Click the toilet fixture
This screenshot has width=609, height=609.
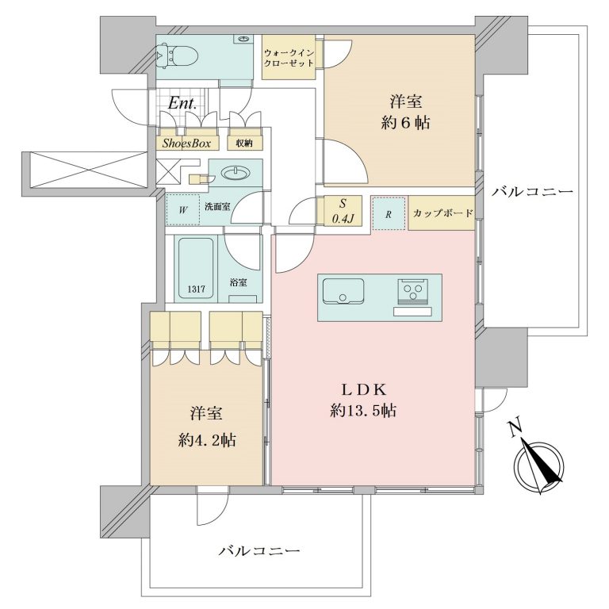[178, 57]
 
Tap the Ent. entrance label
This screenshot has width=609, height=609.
[182, 104]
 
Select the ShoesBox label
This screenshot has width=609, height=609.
[186, 144]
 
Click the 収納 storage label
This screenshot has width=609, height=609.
[244, 144]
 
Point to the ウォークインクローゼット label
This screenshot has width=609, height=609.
[289, 57]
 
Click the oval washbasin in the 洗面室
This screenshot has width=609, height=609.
[235, 173]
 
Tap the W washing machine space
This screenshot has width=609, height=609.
[183, 209]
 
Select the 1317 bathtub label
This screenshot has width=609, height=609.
[196, 289]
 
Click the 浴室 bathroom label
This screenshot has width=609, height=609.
[238, 283]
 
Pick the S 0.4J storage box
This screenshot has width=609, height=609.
[343, 210]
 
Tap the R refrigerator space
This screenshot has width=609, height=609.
[389, 214]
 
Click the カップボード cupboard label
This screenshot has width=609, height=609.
[442, 213]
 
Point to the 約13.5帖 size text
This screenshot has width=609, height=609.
[362, 411]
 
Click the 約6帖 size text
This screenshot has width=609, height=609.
[405, 123]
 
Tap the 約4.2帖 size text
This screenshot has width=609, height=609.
[207, 440]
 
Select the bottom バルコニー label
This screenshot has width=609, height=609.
[259, 551]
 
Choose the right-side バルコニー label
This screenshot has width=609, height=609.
[532, 191]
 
